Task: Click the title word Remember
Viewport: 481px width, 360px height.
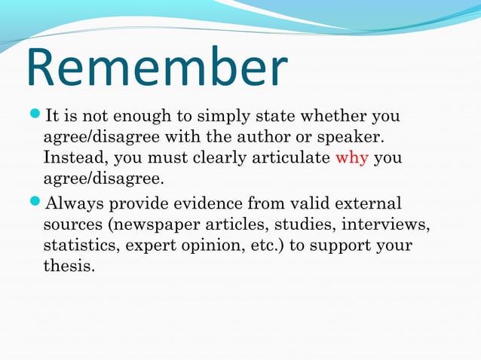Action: (156, 67)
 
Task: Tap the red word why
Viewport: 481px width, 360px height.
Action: (351, 159)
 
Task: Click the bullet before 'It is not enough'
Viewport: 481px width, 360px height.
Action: (36, 117)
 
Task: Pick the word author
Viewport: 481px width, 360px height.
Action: (264, 138)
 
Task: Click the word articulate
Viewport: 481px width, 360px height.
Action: (294, 159)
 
